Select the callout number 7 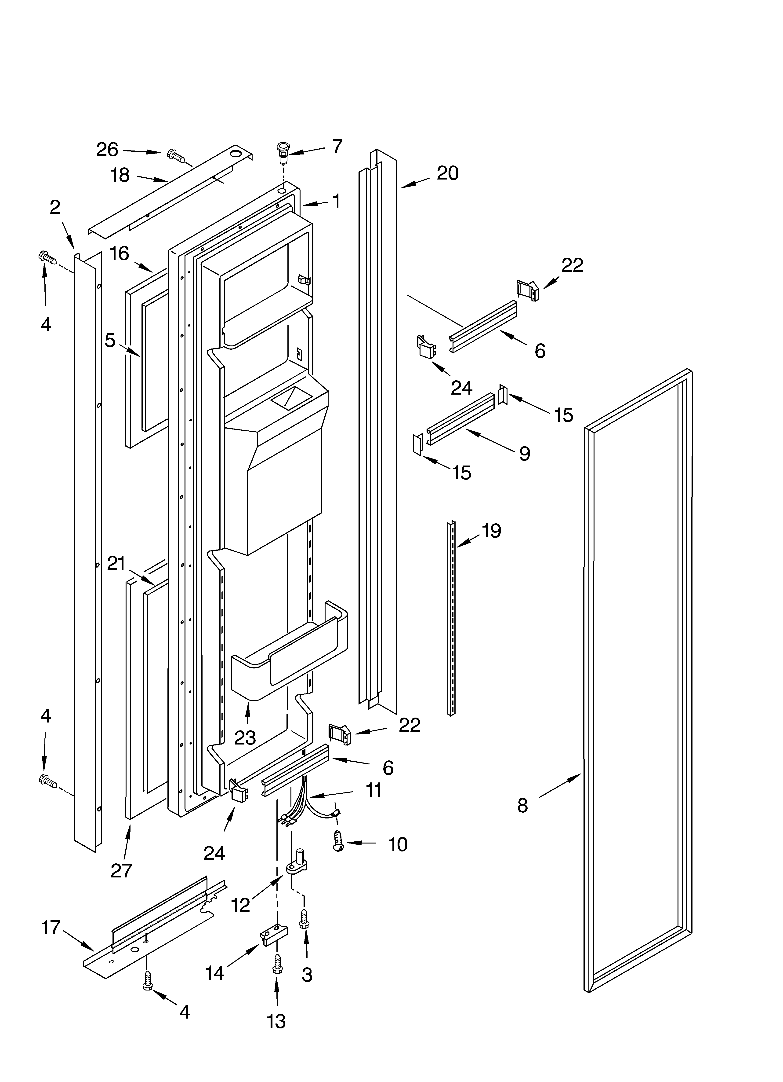pyautogui.click(x=337, y=147)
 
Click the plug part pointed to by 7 pyautogui.click(x=283, y=150)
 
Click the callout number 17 pyautogui.click(x=51, y=928)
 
